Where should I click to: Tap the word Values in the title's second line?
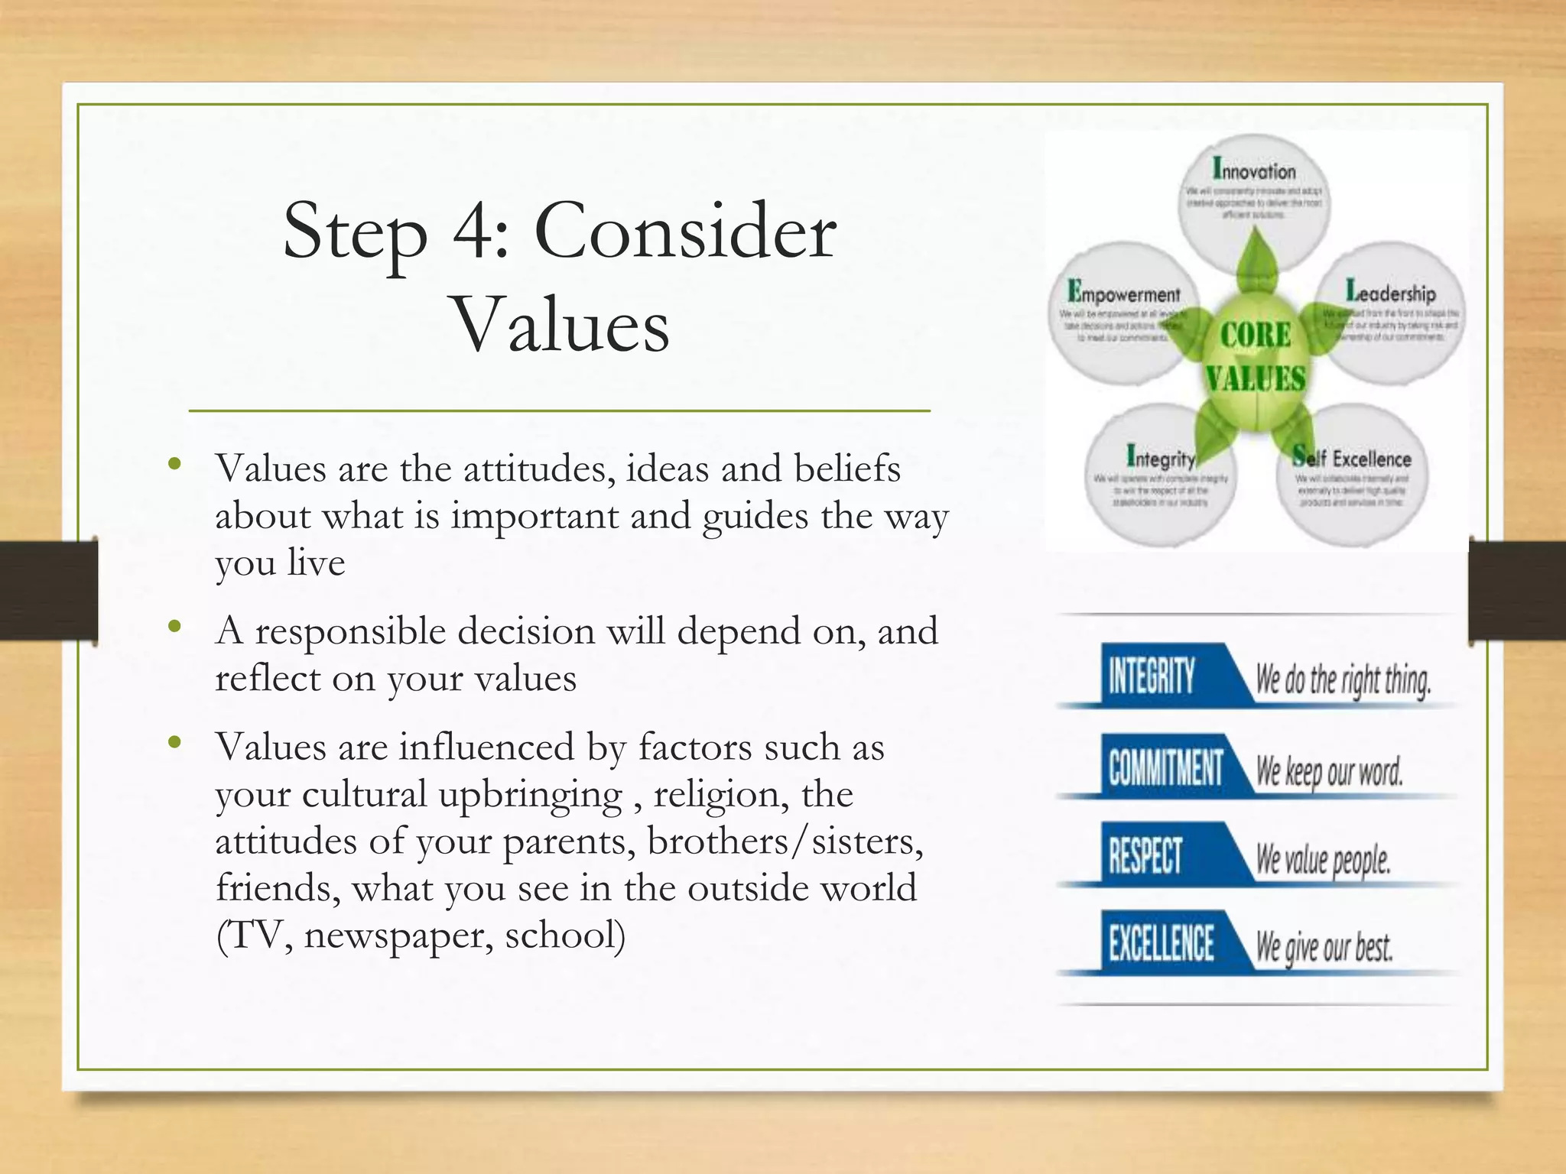pos(561,326)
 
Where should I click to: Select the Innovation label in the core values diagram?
pos(1254,169)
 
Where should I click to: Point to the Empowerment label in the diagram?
pos(1123,293)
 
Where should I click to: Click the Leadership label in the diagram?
pos(1390,291)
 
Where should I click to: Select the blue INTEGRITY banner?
pos(1152,676)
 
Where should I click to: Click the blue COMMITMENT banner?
pos(1165,767)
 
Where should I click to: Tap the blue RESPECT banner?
pos(1145,855)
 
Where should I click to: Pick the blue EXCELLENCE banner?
pos(1161,943)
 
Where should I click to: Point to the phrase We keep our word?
pos(1329,770)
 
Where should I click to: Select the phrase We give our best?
pos(1324,947)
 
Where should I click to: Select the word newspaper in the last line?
pos(398,935)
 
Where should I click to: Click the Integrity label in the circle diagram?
pos(1160,457)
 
